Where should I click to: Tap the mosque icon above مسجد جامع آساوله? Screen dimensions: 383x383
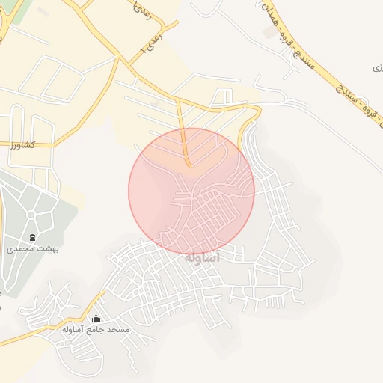point(95,319)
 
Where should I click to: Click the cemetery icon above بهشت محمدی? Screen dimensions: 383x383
point(32,233)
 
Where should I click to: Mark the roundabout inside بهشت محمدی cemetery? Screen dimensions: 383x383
point(31,215)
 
